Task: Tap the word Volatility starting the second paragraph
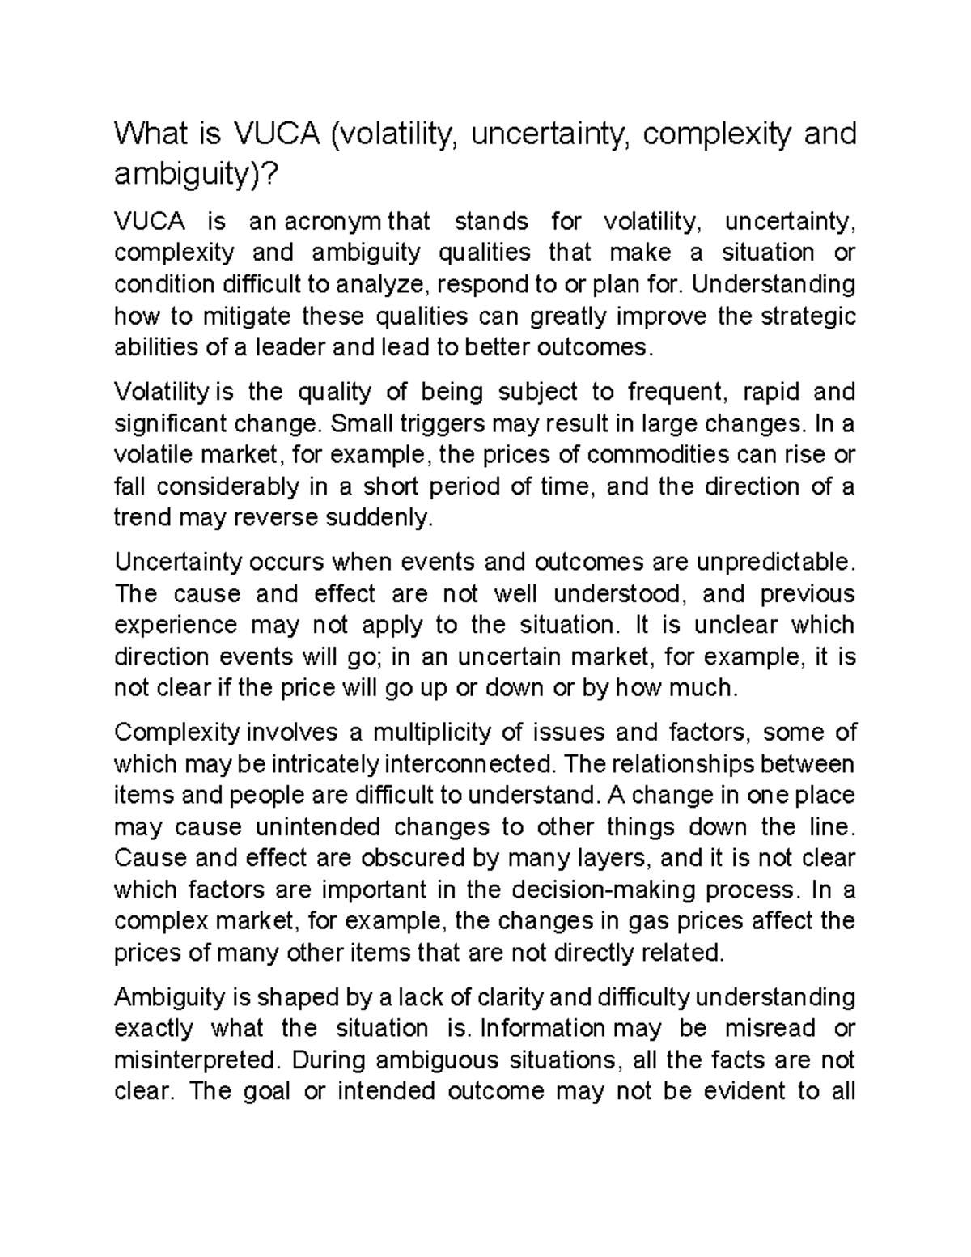(x=161, y=393)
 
